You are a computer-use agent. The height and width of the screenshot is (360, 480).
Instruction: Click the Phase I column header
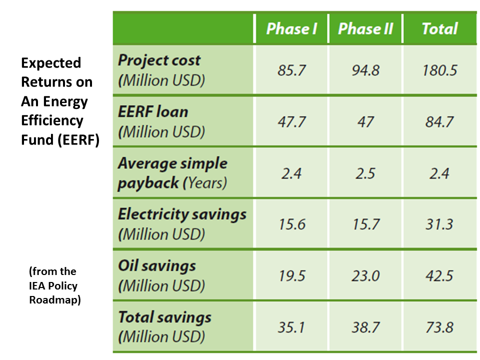(x=291, y=28)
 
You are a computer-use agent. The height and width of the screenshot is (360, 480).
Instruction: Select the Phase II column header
(x=365, y=28)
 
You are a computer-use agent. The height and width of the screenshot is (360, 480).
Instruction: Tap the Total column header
(x=439, y=28)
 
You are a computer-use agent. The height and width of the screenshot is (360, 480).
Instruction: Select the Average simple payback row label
(x=172, y=173)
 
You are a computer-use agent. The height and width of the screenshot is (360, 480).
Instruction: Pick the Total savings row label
(x=164, y=326)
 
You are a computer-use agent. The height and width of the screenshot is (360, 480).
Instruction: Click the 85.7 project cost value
(x=291, y=70)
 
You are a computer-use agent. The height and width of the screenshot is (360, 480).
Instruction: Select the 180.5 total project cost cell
(x=439, y=70)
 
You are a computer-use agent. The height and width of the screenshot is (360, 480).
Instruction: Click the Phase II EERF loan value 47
(x=365, y=121)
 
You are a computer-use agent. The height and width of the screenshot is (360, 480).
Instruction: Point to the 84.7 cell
(x=439, y=121)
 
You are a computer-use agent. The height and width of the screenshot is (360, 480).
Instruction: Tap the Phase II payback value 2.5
(x=365, y=173)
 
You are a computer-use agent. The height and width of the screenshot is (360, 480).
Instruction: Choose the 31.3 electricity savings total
(x=439, y=224)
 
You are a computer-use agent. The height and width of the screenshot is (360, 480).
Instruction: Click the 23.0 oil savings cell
(x=365, y=275)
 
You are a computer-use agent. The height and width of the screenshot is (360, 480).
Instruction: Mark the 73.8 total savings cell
(x=439, y=327)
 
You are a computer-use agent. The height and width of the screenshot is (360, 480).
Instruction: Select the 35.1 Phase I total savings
(x=291, y=327)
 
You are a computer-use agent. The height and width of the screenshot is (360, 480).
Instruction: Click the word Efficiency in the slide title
(x=52, y=120)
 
